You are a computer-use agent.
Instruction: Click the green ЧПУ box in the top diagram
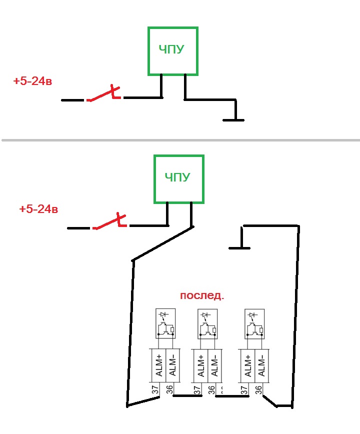[173, 51]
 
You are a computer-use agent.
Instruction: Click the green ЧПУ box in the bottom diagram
[178, 178]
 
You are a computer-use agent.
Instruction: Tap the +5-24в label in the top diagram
[32, 81]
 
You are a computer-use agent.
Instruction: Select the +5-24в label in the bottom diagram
[38, 209]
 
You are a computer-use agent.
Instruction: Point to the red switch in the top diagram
[104, 95]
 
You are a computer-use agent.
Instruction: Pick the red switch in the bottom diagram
[109, 223]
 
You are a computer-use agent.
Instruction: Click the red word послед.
[201, 295]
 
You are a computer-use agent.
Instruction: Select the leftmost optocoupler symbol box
[165, 323]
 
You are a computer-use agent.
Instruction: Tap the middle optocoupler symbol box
[207, 323]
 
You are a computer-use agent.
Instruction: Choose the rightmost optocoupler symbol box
[254, 323]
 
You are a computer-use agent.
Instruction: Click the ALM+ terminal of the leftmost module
[158, 365]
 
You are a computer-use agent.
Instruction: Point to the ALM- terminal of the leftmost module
[172, 365]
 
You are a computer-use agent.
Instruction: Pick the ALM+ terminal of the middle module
[200, 365]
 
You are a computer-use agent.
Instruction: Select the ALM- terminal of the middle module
[214, 365]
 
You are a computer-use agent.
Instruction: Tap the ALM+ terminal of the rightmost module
[248, 365]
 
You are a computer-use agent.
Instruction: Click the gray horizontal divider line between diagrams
[180, 139]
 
